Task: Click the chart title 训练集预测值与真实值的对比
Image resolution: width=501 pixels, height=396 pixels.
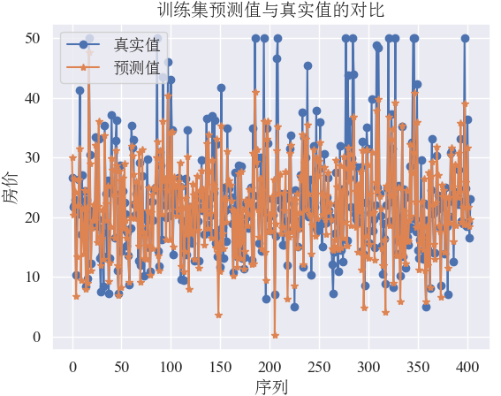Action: point(271,11)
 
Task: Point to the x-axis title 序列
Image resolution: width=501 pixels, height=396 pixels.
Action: point(271,385)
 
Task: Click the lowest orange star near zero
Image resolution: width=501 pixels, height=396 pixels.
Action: point(275,335)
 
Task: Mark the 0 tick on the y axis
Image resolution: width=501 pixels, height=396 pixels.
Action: point(36,337)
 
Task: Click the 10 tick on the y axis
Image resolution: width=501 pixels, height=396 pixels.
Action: point(33,277)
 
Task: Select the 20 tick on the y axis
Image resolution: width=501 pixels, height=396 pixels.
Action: point(33,217)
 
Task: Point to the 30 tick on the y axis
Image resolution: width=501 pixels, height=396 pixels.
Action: point(33,157)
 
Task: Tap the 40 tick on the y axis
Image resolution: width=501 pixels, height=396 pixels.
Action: point(33,98)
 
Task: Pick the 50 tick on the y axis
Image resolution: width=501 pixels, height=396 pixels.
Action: point(33,39)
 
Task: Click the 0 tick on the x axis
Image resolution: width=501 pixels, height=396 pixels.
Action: point(72,365)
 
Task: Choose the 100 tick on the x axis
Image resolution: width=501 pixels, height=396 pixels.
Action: point(171,365)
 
